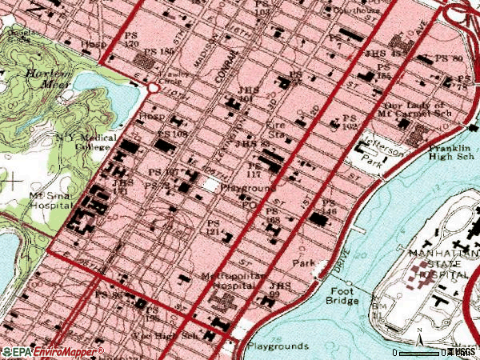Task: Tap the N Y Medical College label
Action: click(86, 142)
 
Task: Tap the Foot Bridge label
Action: click(342, 297)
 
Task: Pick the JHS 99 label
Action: click(282, 290)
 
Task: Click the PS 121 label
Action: click(213, 227)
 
